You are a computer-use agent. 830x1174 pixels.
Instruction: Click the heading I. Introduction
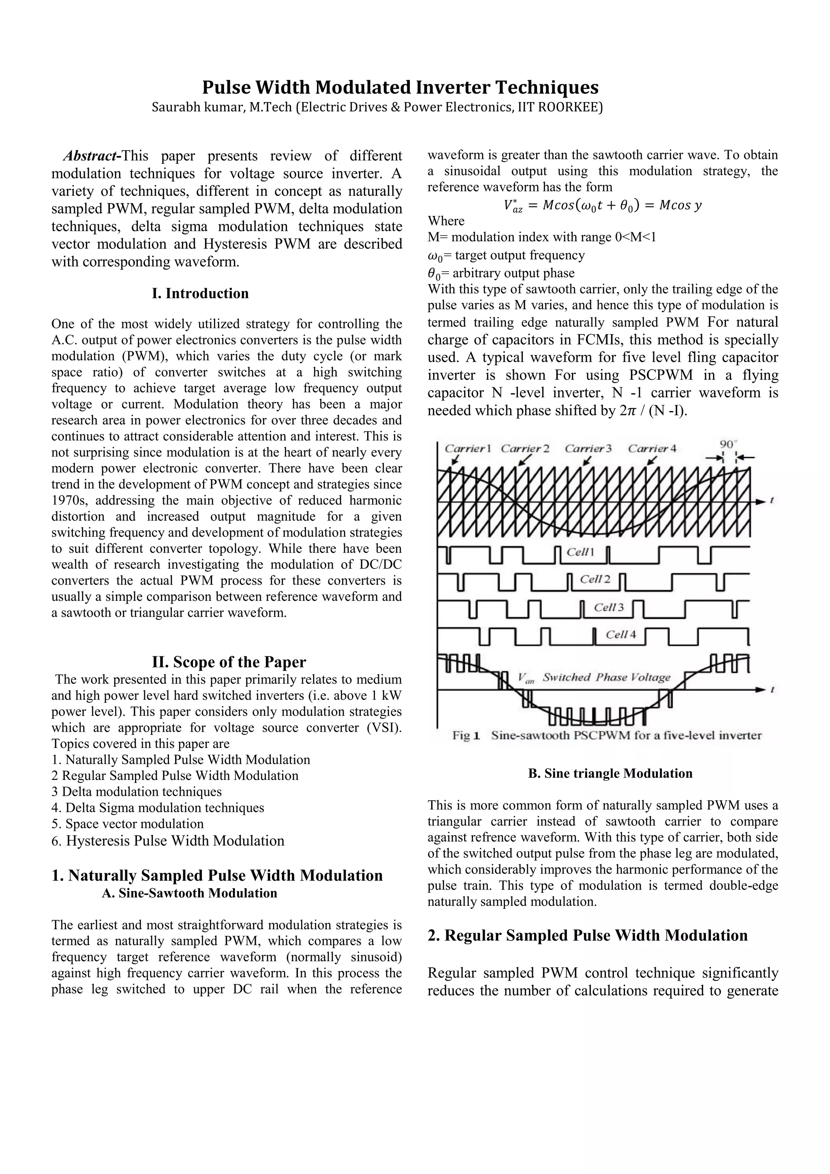coord(200,293)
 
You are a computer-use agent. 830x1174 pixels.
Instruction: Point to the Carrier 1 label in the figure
coord(467,449)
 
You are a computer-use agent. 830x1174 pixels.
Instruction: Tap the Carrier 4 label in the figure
coord(652,449)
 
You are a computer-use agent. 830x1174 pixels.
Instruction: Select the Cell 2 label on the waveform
coord(595,579)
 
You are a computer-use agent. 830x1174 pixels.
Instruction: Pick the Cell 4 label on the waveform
coord(620,634)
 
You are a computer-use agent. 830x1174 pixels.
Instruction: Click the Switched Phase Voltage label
coord(606,677)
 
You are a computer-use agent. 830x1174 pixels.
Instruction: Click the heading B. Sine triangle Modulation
coord(610,773)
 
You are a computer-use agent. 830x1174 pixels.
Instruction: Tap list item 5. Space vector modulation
coord(127,824)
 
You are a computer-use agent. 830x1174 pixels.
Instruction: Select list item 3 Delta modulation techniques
coord(137,792)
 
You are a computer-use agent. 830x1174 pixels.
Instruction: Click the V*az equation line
coord(603,206)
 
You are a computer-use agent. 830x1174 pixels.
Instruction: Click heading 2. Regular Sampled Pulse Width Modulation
coord(587,936)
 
